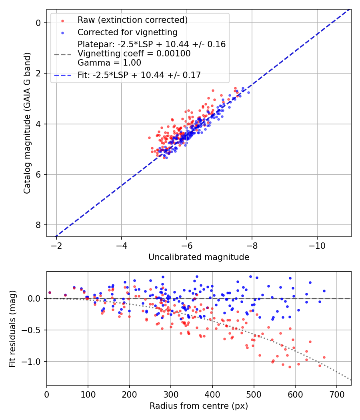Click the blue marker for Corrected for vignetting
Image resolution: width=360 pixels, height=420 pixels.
62,32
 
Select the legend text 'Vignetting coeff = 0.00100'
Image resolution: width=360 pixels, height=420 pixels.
134,54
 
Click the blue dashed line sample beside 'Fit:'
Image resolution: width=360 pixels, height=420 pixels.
62,75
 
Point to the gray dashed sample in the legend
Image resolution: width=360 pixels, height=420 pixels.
62,54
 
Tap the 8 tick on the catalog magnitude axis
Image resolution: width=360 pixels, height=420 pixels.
38,225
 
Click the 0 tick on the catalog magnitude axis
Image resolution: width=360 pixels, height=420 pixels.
38,23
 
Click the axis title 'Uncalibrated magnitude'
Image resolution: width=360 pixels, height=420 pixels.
199,257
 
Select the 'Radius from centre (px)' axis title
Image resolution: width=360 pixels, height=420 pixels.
199,406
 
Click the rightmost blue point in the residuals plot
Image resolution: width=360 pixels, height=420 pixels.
324,291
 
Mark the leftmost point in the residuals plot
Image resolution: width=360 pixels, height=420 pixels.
50,292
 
